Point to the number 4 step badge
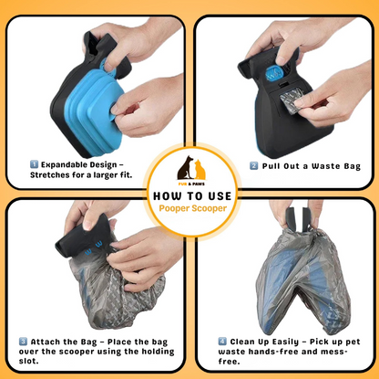[222, 341]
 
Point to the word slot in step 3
[29, 363]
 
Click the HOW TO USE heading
[189, 195]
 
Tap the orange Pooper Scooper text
[189, 209]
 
